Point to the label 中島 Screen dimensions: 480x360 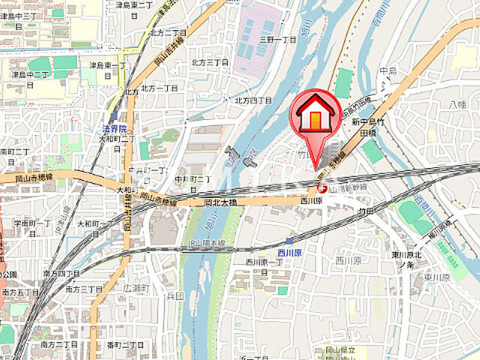[x=387, y=71]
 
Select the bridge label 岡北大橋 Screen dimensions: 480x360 [x=220, y=202]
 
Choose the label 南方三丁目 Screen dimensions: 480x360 [x=82, y=289]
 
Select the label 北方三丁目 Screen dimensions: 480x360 [x=209, y=62]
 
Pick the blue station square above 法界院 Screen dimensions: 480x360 [x=113, y=116]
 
